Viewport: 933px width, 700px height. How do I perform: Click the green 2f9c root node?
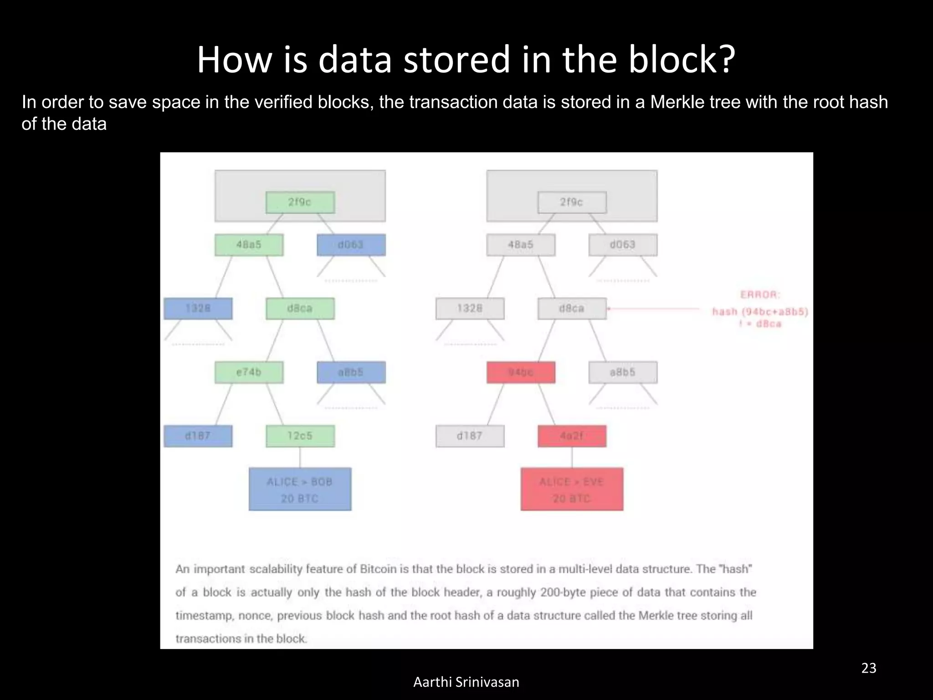(300, 202)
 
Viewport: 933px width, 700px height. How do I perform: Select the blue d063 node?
(351, 245)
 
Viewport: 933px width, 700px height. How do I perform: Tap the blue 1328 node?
(198, 309)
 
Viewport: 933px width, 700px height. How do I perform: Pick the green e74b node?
(249, 372)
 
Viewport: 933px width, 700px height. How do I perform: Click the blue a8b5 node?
(351, 372)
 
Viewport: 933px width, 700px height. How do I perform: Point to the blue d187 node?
(198, 436)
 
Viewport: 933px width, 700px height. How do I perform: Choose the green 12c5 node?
(300, 436)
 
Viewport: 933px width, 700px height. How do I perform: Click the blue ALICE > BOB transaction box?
(300, 489)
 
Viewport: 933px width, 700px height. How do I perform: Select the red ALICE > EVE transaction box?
(572, 489)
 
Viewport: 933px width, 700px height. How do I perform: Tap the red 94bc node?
(521, 372)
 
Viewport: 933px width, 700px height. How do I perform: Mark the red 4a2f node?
(572, 436)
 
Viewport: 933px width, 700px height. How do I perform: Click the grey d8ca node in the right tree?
(572, 309)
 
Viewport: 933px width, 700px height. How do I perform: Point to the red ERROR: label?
(760, 295)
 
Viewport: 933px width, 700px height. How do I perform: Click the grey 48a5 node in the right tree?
(521, 245)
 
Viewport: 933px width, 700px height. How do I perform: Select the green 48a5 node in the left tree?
(249, 245)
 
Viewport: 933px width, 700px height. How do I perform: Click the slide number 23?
(869, 668)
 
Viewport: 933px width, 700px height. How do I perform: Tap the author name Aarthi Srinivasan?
(466, 682)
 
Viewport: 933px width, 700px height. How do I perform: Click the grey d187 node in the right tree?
(470, 436)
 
